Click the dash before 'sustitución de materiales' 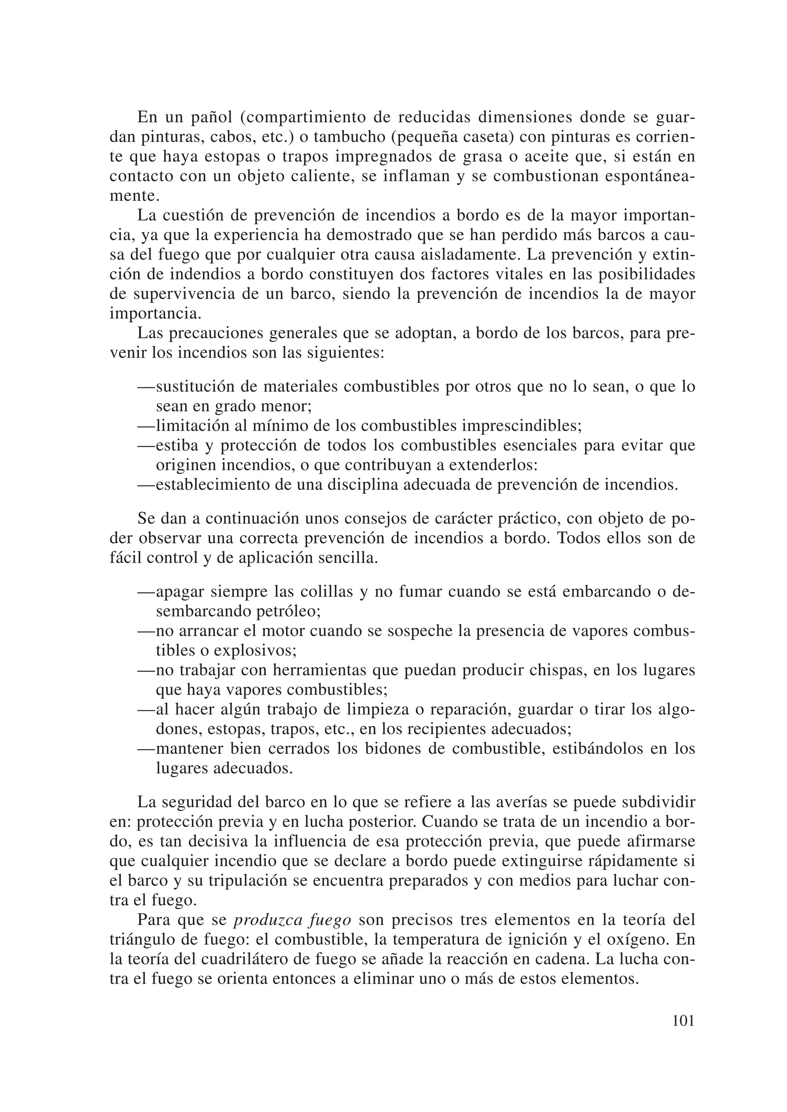click(146, 387)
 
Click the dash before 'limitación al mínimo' click(146, 426)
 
